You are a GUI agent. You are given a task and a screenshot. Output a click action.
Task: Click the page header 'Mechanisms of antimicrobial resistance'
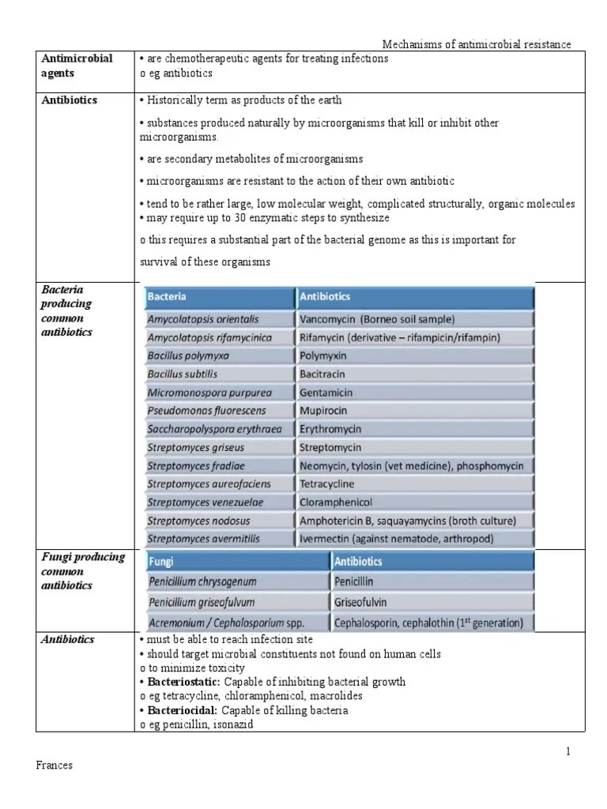click(x=477, y=46)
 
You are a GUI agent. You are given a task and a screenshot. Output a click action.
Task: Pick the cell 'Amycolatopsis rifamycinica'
click(x=209, y=338)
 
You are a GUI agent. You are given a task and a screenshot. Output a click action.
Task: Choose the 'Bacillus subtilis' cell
click(x=182, y=374)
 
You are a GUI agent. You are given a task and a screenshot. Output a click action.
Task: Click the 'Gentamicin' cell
click(x=326, y=393)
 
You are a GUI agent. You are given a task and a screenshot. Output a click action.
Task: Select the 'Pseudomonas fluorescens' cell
click(x=206, y=411)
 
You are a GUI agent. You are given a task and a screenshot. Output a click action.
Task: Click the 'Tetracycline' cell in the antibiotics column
click(x=327, y=484)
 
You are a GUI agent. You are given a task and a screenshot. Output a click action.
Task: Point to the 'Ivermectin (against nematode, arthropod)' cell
click(x=396, y=538)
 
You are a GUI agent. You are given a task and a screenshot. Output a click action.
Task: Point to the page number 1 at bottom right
click(x=567, y=751)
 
